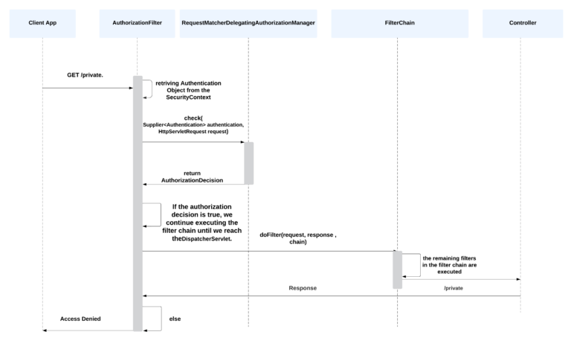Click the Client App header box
pos(42,23)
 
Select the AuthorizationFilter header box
pos(137,23)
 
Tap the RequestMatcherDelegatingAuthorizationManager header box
pos(248,23)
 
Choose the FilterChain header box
pos(400,23)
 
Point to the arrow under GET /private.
pos(87,88)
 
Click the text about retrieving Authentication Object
pos(188,91)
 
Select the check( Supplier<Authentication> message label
pos(193,124)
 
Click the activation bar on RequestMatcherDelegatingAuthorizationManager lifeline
pos(248,163)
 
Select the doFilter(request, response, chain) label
pos(297,238)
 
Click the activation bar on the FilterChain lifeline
pos(398,269)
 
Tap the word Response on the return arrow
pos(303,287)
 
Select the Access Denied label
pos(80,319)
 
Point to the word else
pos(175,319)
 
